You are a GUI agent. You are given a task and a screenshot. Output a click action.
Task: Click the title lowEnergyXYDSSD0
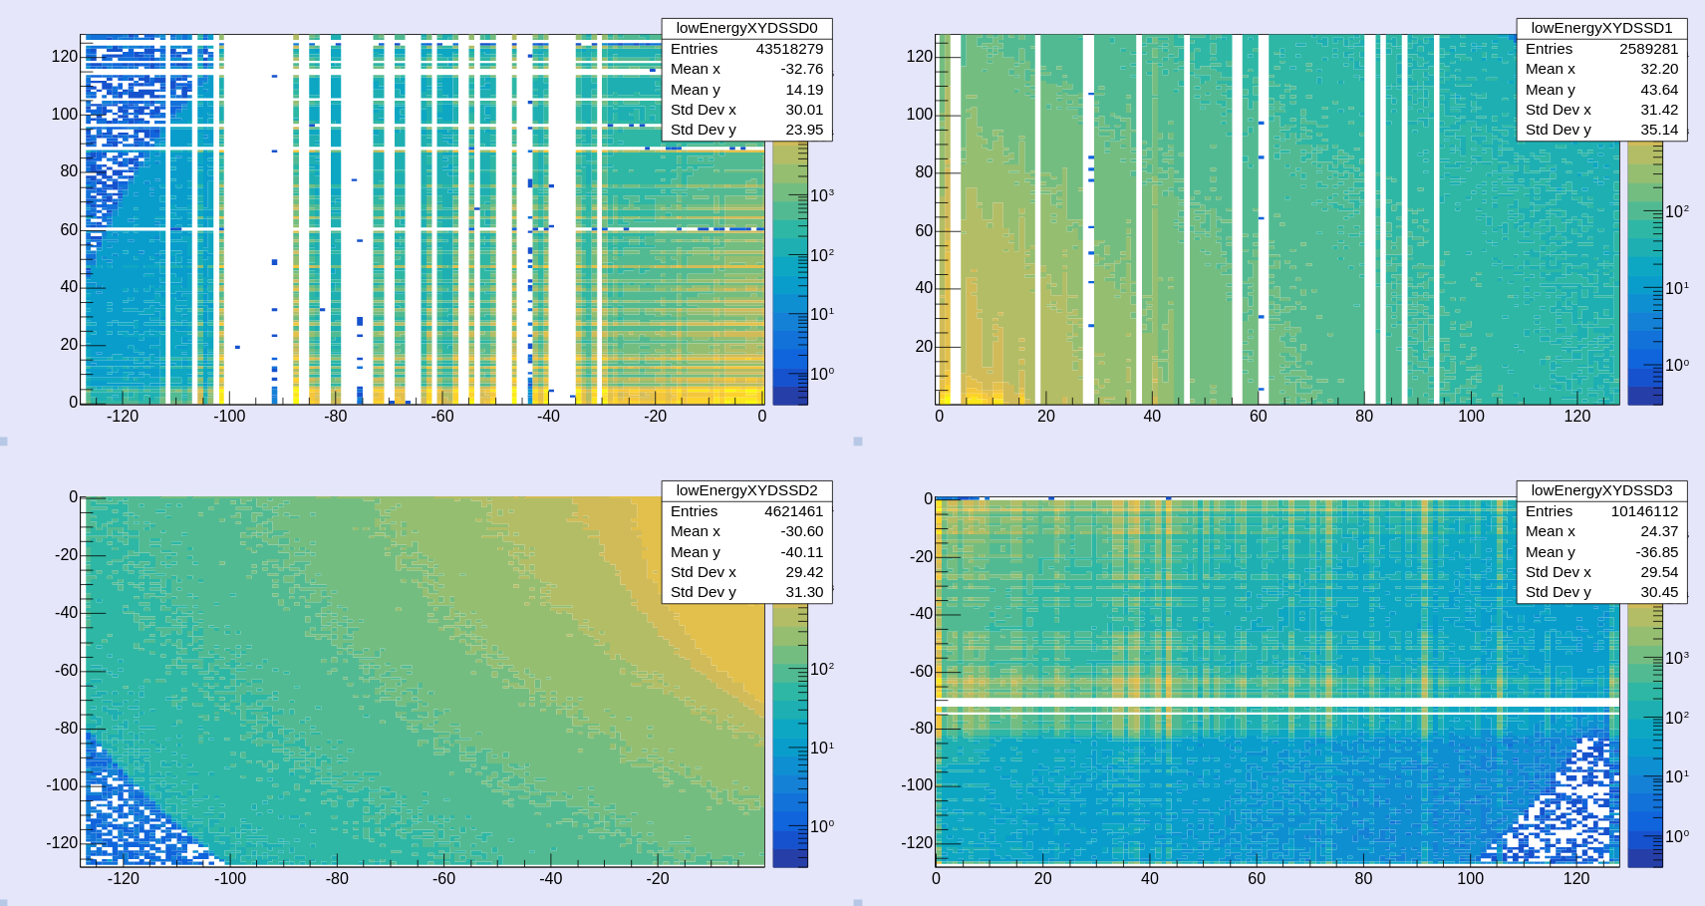pyautogui.click(x=746, y=28)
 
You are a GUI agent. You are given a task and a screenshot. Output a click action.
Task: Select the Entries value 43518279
pyautogui.click(x=789, y=49)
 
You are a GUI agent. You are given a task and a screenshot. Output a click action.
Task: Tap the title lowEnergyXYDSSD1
pyautogui.click(x=1601, y=28)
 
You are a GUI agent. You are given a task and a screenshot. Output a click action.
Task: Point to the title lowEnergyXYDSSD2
pyautogui.click(x=746, y=490)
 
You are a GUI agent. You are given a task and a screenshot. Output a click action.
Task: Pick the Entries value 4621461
pyautogui.click(x=793, y=511)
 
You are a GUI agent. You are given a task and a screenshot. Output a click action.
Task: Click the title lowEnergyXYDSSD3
pyautogui.click(x=1601, y=490)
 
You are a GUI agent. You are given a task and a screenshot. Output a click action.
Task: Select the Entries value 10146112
pyautogui.click(x=1644, y=511)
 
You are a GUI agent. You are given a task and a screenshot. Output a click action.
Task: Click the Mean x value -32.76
pyautogui.click(x=802, y=69)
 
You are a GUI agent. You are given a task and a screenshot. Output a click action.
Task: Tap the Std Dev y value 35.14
pyautogui.click(x=1659, y=130)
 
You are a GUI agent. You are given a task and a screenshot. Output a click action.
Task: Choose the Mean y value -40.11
pyautogui.click(x=802, y=552)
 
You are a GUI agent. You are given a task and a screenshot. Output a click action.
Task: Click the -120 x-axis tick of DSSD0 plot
pyautogui.click(x=123, y=417)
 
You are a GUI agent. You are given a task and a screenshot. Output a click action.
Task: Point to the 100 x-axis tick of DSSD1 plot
pyautogui.click(x=1471, y=417)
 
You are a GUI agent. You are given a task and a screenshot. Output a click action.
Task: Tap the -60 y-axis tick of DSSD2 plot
pyautogui.click(x=66, y=670)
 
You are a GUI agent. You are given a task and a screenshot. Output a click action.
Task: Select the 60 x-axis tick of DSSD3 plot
pyautogui.click(x=1257, y=879)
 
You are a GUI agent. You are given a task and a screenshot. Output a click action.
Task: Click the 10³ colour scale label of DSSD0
pyautogui.click(x=821, y=195)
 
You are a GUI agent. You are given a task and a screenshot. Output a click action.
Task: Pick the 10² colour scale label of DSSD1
pyautogui.click(x=1676, y=211)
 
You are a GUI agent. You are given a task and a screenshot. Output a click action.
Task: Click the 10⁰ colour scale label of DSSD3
pyautogui.click(x=1676, y=836)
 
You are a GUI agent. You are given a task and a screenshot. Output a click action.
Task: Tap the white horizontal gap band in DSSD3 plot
pyautogui.click(x=1276, y=704)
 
